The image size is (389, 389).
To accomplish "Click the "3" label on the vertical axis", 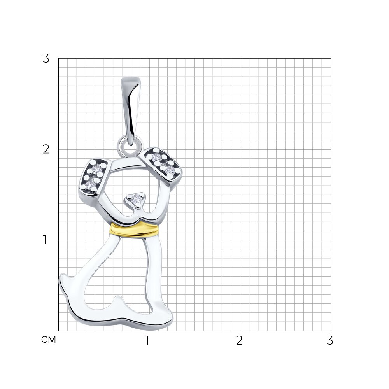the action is [x=46, y=59].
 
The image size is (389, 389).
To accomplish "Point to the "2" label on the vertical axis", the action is [x=46, y=149].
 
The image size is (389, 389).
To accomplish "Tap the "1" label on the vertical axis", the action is [x=45, y=240].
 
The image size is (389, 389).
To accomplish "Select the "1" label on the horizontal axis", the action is [x=147, y=340].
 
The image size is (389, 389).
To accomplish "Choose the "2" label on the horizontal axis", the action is [x=239, y=340].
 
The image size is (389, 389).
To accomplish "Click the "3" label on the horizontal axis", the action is [x=330, y=340].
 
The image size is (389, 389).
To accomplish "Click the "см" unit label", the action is [x=49, y=340].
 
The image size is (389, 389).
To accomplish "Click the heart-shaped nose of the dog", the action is [x=136, y=199].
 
